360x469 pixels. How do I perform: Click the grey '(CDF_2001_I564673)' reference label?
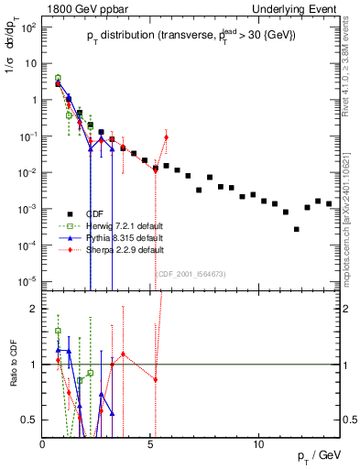[x=189, y=273]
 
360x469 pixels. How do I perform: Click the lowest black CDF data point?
[x=296, y=229]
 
